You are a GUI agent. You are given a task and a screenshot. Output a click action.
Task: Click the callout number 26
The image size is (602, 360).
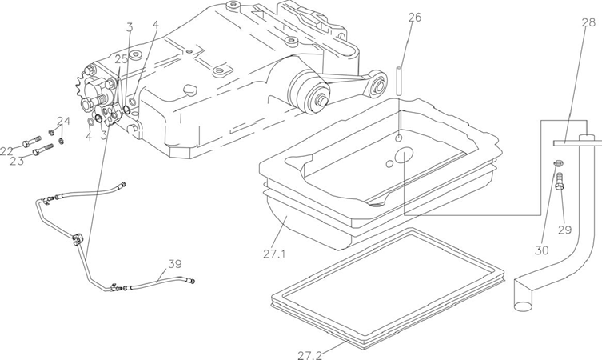click(x=414, y=18)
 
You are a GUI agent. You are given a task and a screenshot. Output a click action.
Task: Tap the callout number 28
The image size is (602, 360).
click(x=588, y=22)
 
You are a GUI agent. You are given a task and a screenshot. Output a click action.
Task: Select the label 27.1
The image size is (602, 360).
click(x=274, y=254)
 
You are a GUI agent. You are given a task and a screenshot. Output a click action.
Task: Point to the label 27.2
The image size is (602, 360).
click(x=310, y=355)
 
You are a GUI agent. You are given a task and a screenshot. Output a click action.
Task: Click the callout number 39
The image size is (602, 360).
click(x=175, y=264)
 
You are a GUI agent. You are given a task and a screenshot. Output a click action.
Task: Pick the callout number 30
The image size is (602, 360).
click(x=542, y=250)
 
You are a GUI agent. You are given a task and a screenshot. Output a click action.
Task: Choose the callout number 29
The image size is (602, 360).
click(x=564, y=230)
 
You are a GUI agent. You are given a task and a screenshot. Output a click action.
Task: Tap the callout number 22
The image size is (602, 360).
click(x=6, y=151)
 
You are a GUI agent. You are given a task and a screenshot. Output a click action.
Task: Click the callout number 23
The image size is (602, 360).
click(x=17, y=161)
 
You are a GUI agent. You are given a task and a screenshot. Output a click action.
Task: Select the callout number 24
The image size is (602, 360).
click(x=64, y=121)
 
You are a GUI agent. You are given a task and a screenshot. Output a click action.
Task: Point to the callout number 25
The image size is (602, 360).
click(x=122, y=59)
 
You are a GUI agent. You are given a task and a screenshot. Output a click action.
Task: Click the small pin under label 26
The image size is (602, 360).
click(x=400, y=82)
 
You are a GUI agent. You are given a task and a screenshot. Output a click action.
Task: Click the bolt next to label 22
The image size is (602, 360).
click(x=32, y=141)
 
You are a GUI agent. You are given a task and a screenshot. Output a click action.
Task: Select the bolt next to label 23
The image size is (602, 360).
click(x=43, y=150)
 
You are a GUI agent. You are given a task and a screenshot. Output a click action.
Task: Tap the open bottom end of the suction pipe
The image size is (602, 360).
click(x=522, y=306)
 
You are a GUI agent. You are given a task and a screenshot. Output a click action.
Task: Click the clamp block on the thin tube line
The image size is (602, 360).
click(x=77, y=240)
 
